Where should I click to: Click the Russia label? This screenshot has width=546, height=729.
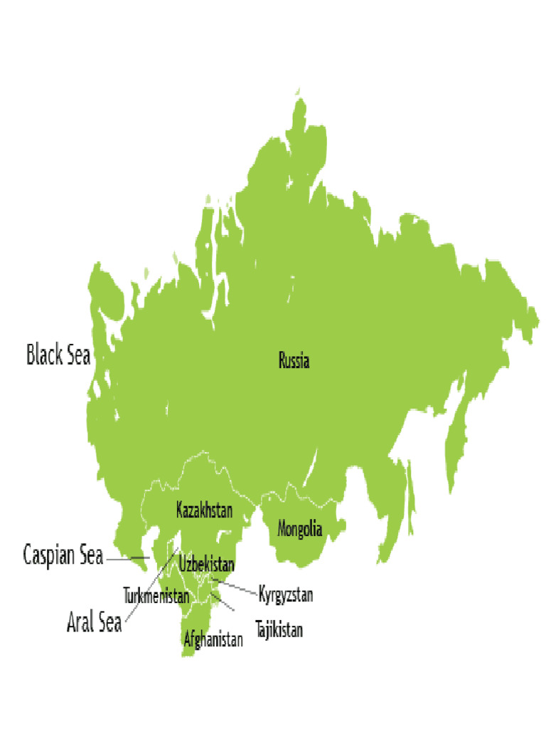[294, 361]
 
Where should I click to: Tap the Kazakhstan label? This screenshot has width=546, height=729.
[204, 510]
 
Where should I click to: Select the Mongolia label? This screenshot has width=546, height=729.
[299, 530]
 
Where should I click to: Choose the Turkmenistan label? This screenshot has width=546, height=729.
[156, 595]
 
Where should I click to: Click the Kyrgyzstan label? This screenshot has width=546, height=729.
[286, 594]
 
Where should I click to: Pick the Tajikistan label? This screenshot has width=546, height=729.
[279, 630]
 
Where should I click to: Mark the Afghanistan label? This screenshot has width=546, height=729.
[213, 639]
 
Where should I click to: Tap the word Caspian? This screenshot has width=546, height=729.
[50, 555]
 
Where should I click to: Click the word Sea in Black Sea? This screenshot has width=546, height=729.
[78, 355]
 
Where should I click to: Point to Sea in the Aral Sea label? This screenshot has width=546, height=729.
[109, 624]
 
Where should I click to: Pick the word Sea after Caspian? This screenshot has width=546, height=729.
[91, 555]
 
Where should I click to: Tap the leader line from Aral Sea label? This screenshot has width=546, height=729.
[149, 587]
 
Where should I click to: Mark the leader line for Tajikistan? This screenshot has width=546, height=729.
[225, 604]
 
